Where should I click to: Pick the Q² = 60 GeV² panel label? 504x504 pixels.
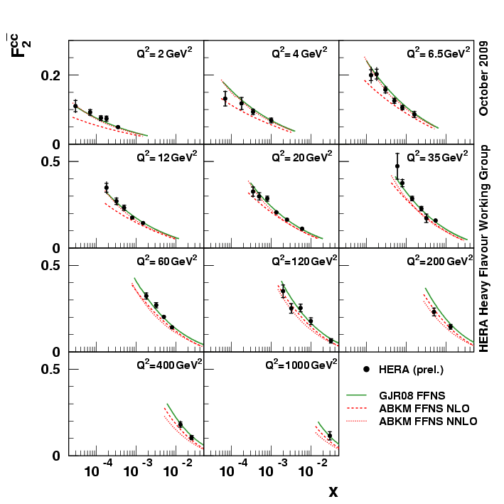[166, 261]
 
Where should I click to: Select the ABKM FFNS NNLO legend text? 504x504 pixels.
[427, 422]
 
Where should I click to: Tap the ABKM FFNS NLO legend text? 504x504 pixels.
[424, 407]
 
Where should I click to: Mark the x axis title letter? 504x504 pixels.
[332, 491]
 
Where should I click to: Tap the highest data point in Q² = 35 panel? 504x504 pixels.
[397, 166]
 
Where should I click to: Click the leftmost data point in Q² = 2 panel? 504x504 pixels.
[75, 106]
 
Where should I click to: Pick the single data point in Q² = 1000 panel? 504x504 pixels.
[329, 436]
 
